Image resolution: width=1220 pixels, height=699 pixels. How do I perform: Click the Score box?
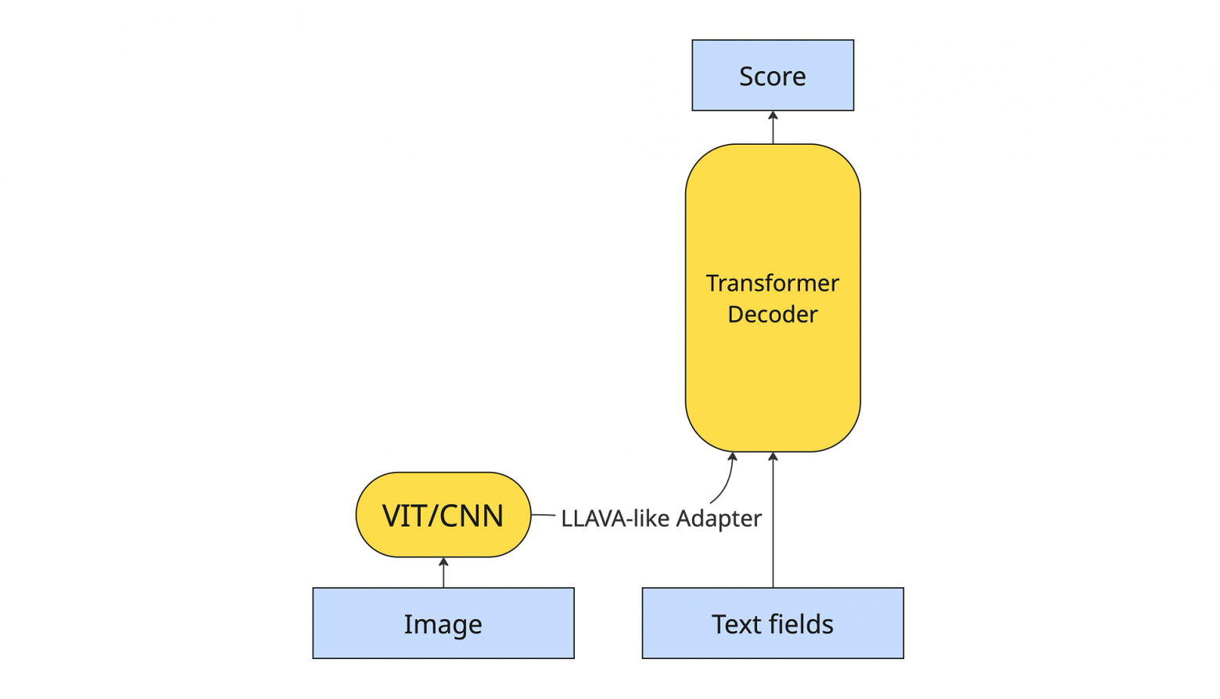pos(773,75)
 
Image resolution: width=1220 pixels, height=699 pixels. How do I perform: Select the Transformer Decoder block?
pos(773,297)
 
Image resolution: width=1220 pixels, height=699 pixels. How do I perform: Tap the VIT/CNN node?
pos(443,515)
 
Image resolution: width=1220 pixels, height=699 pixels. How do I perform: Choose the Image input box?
pos(443,623)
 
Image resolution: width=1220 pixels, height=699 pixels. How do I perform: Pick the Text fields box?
pos(773,623)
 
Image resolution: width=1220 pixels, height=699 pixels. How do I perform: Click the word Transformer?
pos(773,283)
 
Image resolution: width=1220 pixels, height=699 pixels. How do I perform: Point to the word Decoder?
pos(773,314)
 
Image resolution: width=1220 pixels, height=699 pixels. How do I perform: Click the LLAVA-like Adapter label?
pos(661,518)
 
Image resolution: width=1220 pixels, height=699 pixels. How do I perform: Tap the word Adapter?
pos(719,518)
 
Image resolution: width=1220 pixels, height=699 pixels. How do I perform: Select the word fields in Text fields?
pos(803,624)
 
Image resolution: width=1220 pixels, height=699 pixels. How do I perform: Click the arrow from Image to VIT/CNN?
pos(443,572)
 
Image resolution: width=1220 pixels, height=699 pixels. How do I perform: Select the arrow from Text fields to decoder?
pos(773,520)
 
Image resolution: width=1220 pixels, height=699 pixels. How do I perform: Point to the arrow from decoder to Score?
pos(773,128)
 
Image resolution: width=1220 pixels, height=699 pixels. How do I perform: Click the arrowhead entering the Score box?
pos(773,115)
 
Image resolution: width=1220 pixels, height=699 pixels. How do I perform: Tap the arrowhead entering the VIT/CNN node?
pos(443,561)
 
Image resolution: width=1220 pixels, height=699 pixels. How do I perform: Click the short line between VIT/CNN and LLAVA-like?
pos(543,515)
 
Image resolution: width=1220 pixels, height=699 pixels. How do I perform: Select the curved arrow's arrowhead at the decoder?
pos(733,456)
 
